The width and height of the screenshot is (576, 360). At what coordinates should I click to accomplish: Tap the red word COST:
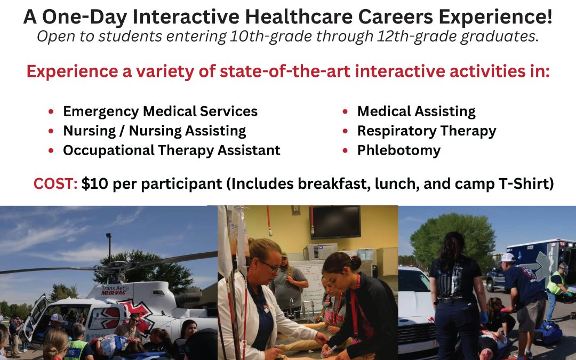[x=55, y=183]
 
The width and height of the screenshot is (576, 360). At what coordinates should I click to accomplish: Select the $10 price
[x=95, y=183]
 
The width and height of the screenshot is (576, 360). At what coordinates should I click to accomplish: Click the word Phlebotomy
[x=398, y=150]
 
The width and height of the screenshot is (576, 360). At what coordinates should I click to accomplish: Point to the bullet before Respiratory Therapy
[x=345, y=131]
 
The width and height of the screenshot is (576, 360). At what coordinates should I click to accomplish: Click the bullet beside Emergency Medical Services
[x=51, y=111]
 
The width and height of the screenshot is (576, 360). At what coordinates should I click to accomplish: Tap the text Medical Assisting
[x=416, y=111]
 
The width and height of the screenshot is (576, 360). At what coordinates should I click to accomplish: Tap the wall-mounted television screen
[x=336, y=222]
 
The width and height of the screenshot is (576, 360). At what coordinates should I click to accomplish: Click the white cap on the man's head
[x=508, y=257]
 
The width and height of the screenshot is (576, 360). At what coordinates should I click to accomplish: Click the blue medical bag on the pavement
[x=547, y=333]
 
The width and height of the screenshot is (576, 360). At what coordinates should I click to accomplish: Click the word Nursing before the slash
[x=90, y=131]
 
